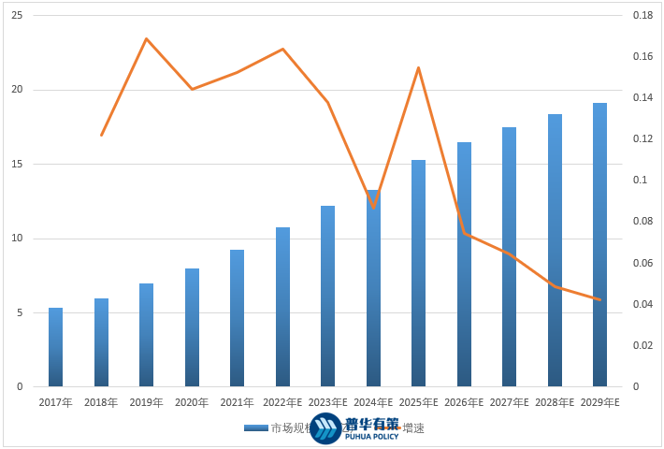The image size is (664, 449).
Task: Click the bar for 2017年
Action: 55,347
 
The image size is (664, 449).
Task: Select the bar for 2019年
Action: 146,335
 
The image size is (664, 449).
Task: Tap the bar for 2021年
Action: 237,318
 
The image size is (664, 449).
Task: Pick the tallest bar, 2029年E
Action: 599,245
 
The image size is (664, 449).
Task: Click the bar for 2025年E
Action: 418,273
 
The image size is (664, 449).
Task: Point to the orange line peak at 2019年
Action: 147,39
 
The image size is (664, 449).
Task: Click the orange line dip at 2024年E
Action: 373,208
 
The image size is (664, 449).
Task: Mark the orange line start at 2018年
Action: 101,136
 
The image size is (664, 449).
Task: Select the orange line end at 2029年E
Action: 599,299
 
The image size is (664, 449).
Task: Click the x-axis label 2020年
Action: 192,402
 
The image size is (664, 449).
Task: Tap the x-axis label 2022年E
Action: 282,402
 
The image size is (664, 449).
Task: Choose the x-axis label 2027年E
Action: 510,402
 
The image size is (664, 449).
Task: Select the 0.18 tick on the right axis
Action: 642,17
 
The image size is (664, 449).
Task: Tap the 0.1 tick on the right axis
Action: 639,181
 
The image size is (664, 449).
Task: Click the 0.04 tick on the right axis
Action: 642,305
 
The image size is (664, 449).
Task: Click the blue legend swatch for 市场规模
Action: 256,428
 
